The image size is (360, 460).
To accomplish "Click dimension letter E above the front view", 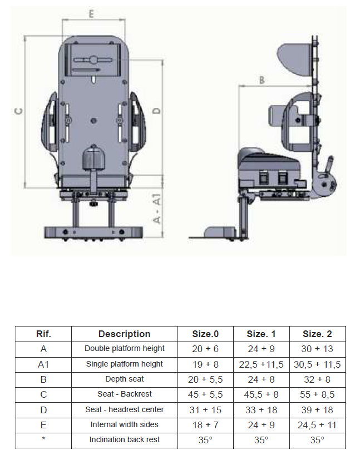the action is [x=91, y=14].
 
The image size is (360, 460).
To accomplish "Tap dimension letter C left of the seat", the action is [x=19, y=111].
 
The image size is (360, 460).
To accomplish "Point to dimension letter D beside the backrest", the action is [x=157, y=111].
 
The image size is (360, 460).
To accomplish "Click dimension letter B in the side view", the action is [x=262, y=80].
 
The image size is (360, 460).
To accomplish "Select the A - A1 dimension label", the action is [x=157, y=208].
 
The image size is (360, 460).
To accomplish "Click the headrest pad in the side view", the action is [x=294, y=60].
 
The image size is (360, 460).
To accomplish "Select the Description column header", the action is [x=125, y=334].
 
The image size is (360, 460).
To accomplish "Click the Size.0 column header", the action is [x=205, y=334].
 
